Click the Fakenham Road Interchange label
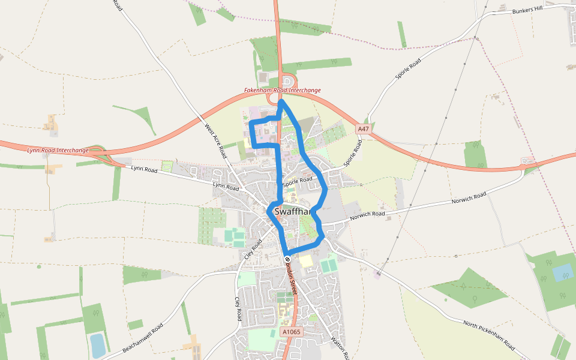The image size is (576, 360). pyautogui.click(x=282, y=90)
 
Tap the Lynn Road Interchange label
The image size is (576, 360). pyautogui.click(x=58, y=150)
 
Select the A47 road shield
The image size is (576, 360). pyautogui.click(x=363, y=129)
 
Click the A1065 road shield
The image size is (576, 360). pyautogui.click(x=290, y=332)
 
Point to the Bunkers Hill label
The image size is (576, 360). pyautogui.click(x=528, y=10)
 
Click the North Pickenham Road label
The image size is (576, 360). pyautogui.click(x=489, y=335)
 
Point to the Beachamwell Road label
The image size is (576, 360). pyautogui.click(x=142, y=338)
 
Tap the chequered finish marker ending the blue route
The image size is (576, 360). pyautogui.click(x=287, y=259)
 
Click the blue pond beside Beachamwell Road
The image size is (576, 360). pyautogui.click(x=97, y=345)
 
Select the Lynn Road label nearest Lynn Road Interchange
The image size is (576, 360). pyautogui.click(x=144, y=170)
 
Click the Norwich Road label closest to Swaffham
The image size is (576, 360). pyautogui.click(x=367, y=214)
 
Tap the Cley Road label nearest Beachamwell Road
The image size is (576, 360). pyautogui.click(x=238, y=308)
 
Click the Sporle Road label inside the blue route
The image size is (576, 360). pyautogui.click(x=298, y=179)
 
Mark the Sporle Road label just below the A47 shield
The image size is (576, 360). pyautogui.click(x=353, y=153)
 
